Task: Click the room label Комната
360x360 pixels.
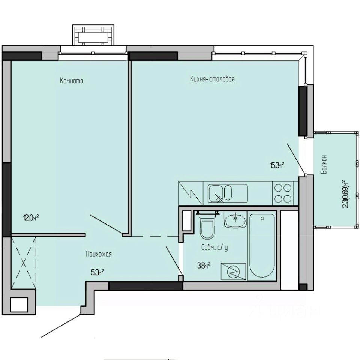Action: (x=71, y=81)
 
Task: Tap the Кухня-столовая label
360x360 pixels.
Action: (x=212, y=79)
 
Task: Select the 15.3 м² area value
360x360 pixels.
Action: (x=276, y=165)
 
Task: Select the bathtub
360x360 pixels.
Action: (x=262, y=247)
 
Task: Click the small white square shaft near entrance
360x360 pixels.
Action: (x=19, y=304)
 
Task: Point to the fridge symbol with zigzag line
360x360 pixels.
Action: (x=190, y=193)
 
